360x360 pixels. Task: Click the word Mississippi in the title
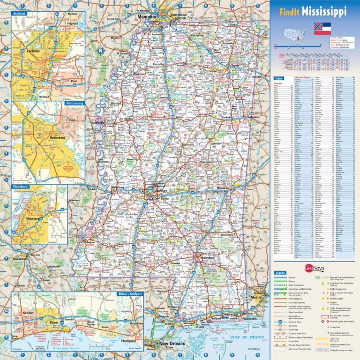pos(324,11)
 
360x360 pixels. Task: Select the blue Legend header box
pos(280,272)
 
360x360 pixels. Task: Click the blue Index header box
pos(279,78)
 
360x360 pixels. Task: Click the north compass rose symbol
pos(99,51)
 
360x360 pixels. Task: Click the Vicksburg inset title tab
pos(22,187)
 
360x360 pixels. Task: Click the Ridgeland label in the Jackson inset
pos(72,23)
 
